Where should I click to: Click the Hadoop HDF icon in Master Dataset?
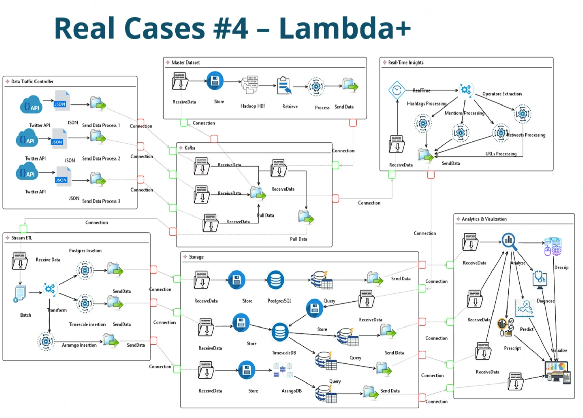250,85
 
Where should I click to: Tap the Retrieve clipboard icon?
284,85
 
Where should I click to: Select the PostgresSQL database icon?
276,280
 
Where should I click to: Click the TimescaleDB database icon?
280,332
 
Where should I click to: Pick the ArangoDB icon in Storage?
283,371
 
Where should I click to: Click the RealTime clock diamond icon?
397,90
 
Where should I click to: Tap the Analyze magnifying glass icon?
509,241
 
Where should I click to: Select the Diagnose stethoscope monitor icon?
540,279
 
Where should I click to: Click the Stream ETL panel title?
22,238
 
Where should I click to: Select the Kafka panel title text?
190,148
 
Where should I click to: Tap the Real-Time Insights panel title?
406,62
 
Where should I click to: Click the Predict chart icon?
524,309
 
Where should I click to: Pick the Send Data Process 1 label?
101,125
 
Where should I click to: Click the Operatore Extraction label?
502,94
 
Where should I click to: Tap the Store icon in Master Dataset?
215,81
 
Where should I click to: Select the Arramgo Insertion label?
79,345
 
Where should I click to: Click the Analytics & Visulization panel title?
484,219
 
